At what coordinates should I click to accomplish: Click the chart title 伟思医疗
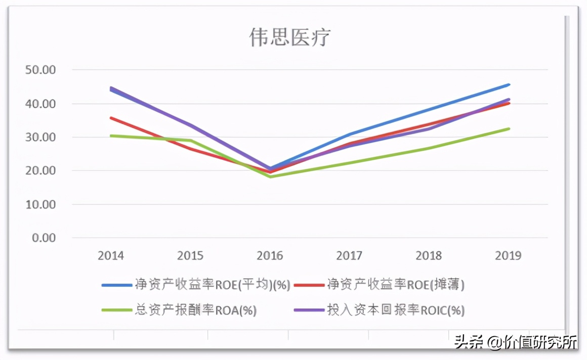(x=290, y=38)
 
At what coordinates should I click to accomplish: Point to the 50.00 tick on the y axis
(x=40, y=70)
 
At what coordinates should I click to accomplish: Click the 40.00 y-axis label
(x=40, y=104)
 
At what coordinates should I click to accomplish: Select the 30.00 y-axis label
(x=40, y=137)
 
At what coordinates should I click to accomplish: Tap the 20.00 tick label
(x=40, y=171)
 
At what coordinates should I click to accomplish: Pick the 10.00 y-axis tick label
(x=40, y=204)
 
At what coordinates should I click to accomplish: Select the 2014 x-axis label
(x=111, y=255)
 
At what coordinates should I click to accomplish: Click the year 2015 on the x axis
(x=190, y=255)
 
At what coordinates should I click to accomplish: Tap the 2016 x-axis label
(x=270, y=255)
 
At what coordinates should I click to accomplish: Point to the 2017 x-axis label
(x=349, y=255)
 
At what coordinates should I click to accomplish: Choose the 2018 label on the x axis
(x=429, y=255)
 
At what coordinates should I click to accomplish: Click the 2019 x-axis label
(x=508, y=255)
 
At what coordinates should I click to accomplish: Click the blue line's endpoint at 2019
(x=509, y=84)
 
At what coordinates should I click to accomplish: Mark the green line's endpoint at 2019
(x=509, y=128)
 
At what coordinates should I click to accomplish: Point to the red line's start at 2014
(x=111, y=118)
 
